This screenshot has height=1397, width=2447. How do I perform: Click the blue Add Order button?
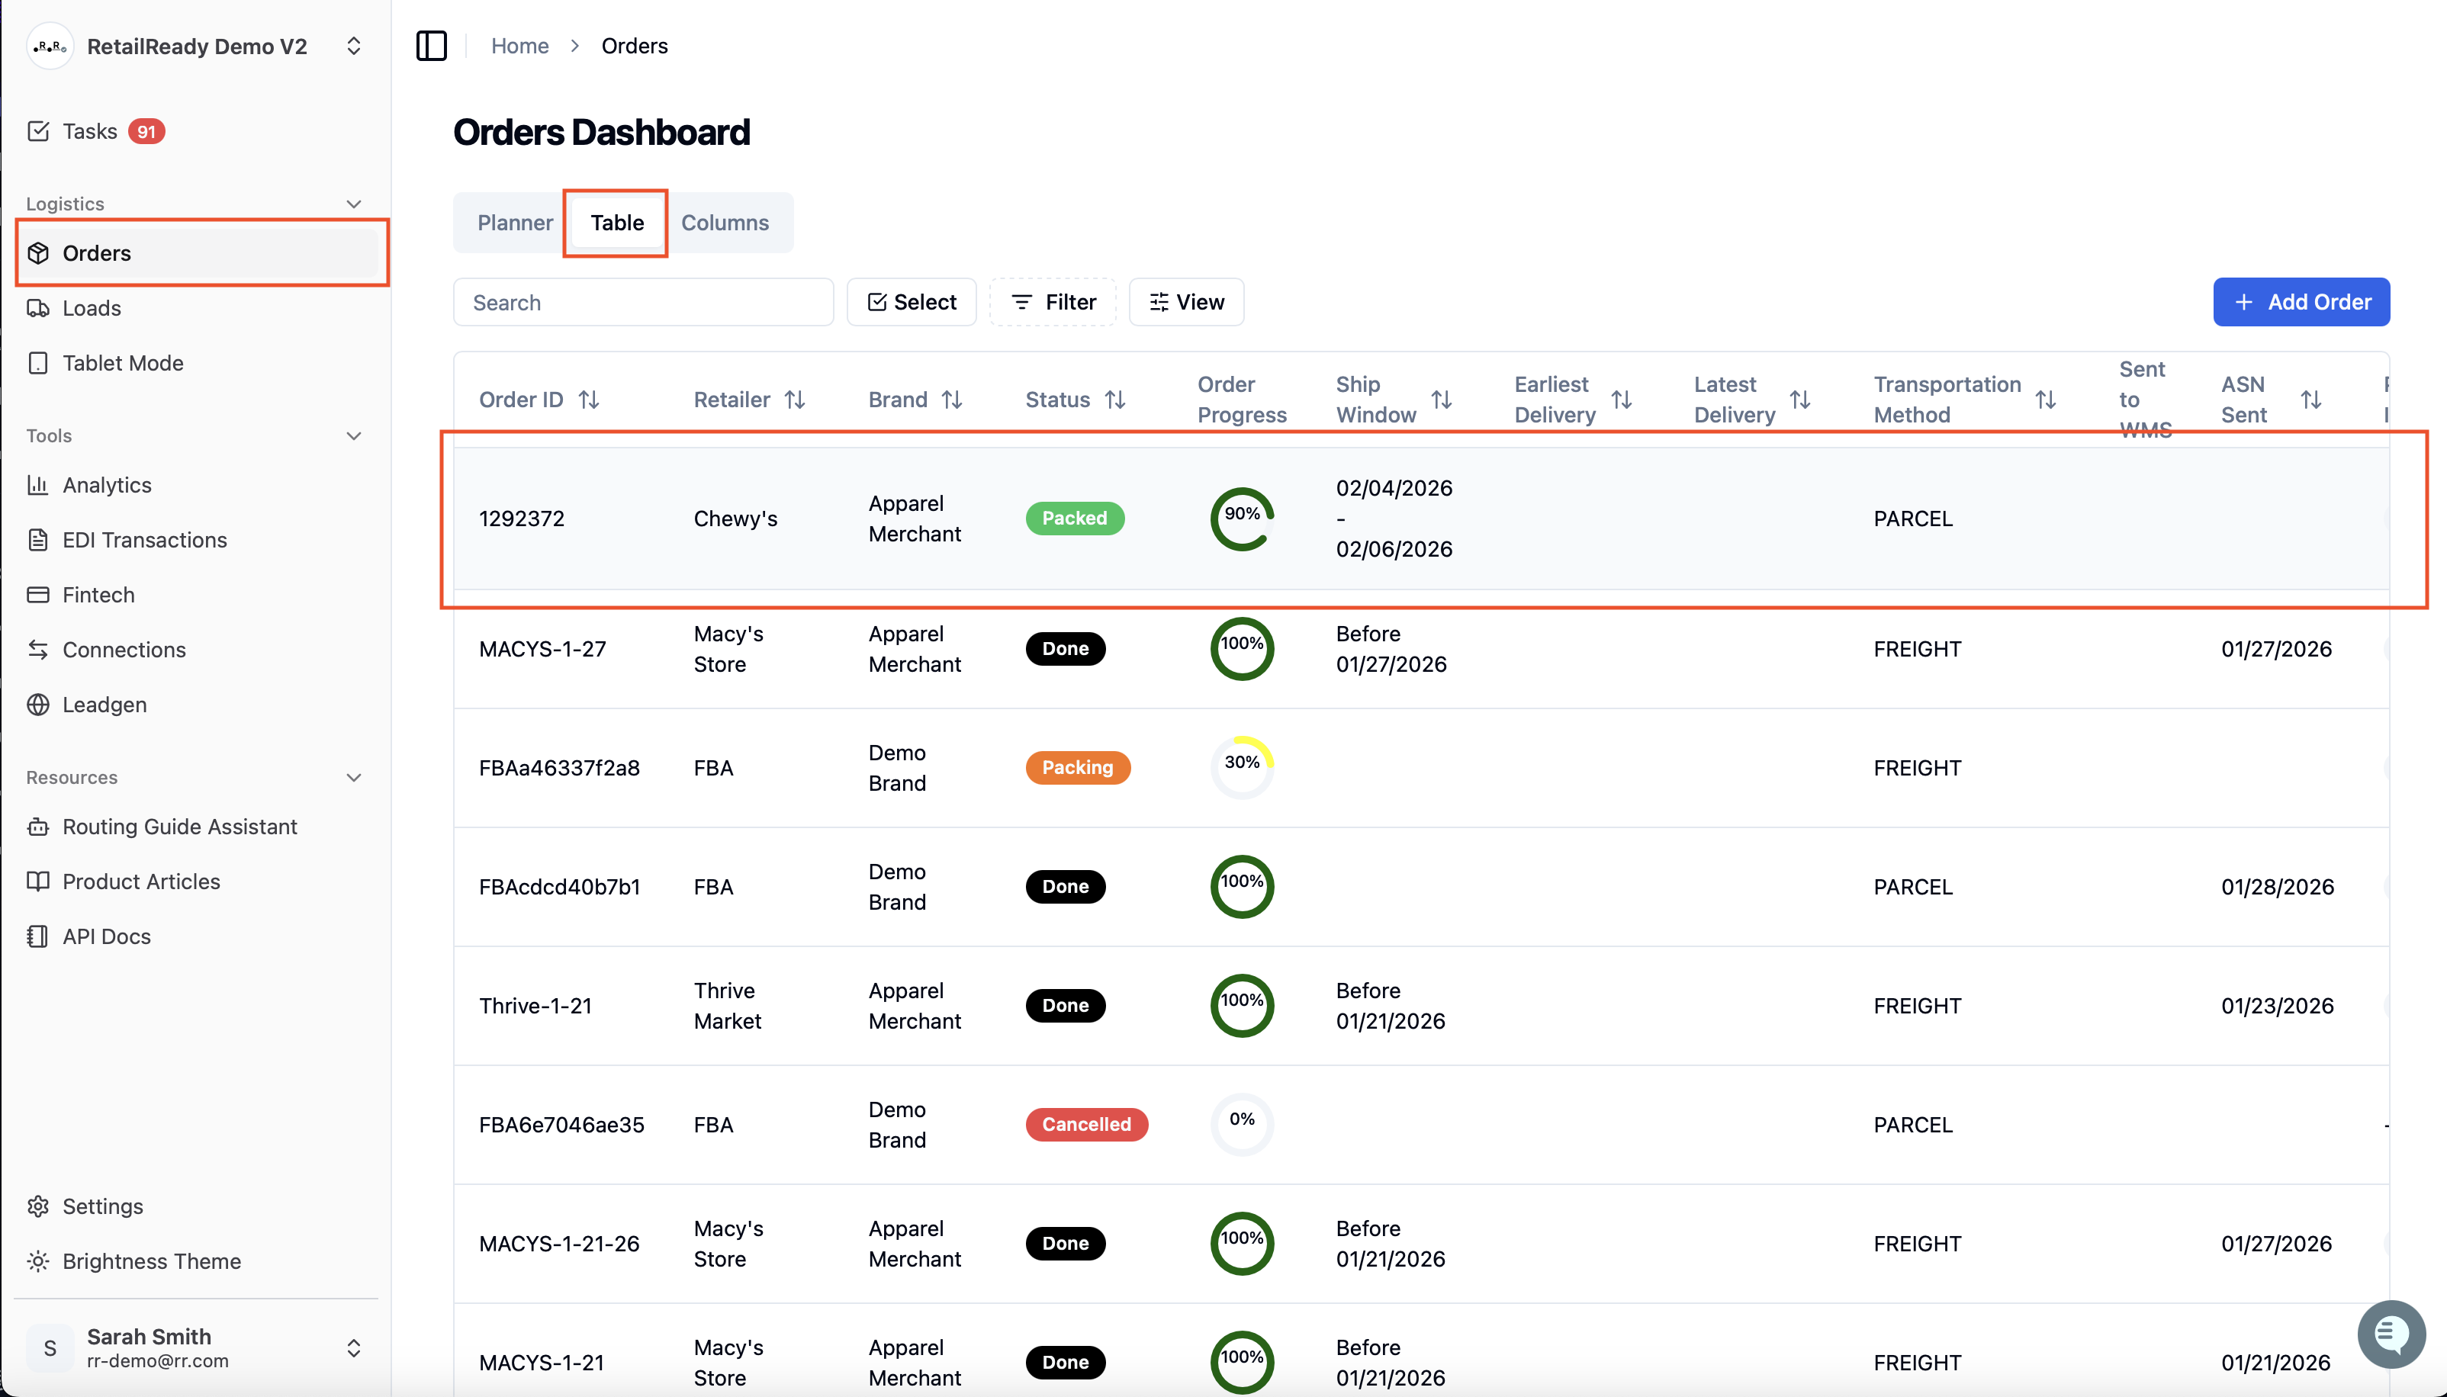pos(2301,302)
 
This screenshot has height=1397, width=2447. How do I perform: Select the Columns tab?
pos(725,223)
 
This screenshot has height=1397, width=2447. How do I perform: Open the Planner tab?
pos(516,223)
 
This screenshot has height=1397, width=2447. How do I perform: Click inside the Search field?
pos(643,302)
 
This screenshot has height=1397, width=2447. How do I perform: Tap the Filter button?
pos(1053,302)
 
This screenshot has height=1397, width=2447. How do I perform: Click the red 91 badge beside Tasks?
pos(146,131)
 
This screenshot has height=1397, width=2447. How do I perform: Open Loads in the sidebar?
pos(92,308)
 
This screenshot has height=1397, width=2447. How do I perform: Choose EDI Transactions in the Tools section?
pos(145,540)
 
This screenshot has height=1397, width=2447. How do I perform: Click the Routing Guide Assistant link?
pos(179,827)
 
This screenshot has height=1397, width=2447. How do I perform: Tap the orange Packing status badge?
pos(1078,768)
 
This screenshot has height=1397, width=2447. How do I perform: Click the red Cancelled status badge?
pos(1086,1125)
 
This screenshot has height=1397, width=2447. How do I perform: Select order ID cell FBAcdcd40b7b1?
pos(559,887)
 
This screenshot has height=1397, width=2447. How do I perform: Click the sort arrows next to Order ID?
pos(589,399)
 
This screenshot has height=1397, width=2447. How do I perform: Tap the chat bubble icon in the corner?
pos(2391,1334)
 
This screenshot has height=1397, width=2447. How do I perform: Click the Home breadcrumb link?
pos(520,46)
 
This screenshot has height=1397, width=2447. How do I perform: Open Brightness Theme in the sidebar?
pos(152,1261)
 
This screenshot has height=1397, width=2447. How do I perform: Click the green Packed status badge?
pos(1075,518)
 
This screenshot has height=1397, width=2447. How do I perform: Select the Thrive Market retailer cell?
pos(728,1006)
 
